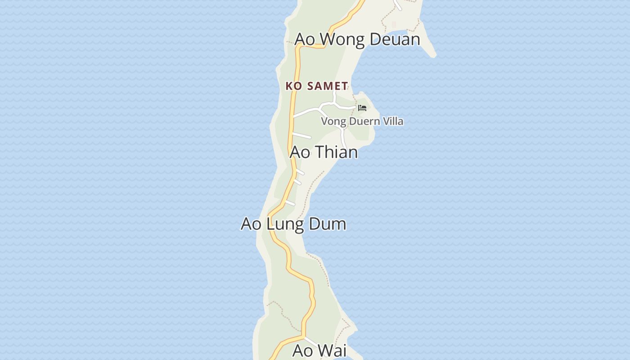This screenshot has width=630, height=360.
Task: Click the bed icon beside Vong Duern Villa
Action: point(362,108)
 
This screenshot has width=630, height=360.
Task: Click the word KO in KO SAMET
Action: point(294,86)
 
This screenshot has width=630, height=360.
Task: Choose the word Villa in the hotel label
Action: point(392,121)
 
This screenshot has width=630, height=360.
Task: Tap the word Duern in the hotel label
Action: point(363,121)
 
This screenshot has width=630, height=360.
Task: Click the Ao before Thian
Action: point(300,152)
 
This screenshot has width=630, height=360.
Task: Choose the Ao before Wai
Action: point(303,351)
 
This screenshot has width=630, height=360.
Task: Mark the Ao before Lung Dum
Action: point(251,224)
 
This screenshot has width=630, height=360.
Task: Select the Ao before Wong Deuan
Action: point(305,39)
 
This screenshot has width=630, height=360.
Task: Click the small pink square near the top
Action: point(394,24)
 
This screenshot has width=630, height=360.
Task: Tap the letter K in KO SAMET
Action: point(289,86)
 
